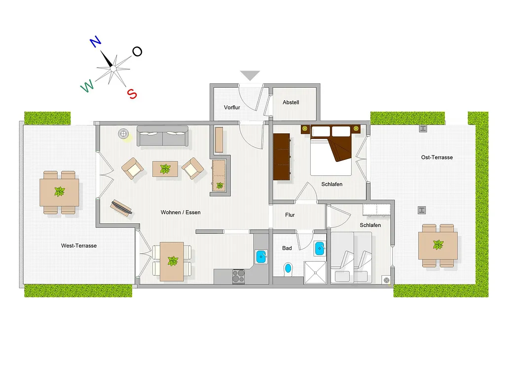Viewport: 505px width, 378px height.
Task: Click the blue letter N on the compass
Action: [95, 42]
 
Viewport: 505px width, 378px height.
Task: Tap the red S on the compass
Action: [132, 94]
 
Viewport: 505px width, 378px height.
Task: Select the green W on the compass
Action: [87, 86]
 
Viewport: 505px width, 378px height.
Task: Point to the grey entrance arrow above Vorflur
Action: [250, 75]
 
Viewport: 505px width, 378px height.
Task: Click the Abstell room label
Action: [291, 102]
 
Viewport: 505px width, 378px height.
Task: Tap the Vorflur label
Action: [232, 107]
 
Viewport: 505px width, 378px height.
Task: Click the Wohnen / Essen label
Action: [180, 212]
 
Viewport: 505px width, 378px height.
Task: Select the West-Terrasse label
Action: [79, 246]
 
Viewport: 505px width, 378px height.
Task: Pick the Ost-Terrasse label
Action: [437, 157]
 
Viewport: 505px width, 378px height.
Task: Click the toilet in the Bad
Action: [288, 269]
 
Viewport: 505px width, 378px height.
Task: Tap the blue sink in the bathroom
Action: [320, 249]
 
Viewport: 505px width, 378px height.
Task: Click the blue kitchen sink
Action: [261, 256]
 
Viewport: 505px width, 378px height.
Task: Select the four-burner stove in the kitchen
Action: [238, 277]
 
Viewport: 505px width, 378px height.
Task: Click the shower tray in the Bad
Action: [315, 273]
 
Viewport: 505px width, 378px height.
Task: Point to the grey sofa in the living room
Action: [163, 136]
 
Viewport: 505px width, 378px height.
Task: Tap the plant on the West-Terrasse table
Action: [60, 191]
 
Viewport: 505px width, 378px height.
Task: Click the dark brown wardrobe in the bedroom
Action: [282, 157]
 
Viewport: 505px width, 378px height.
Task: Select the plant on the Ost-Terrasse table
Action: [438, 245]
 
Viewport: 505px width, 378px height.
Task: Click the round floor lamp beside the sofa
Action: [123, 133]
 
